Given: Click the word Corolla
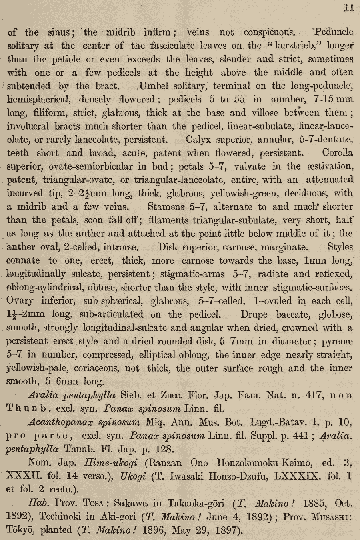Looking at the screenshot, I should tap(337, 153).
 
